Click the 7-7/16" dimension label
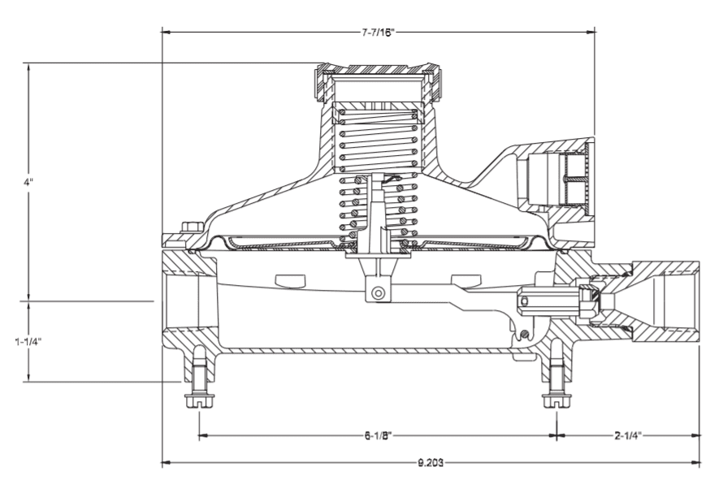pyautogui.click(x=378, y=32)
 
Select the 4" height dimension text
pyautogui.click(x=28, y=182)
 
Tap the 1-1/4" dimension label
pyautogui.click(x=28, y=342)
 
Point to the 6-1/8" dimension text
pyautogui.click(x=378, y=435)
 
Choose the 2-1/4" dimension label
pyautogui.click(x=628, y=435)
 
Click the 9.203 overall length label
pyautogui.click(x=431, y=462)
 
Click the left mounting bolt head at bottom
pyautogui.click(x=200, y=400)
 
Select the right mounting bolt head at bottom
pyautogui.click(x=557, y=400)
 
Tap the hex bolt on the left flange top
pyautogui.click(x=193, y=227)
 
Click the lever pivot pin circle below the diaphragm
pyautogui.click(x=379, y=293)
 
